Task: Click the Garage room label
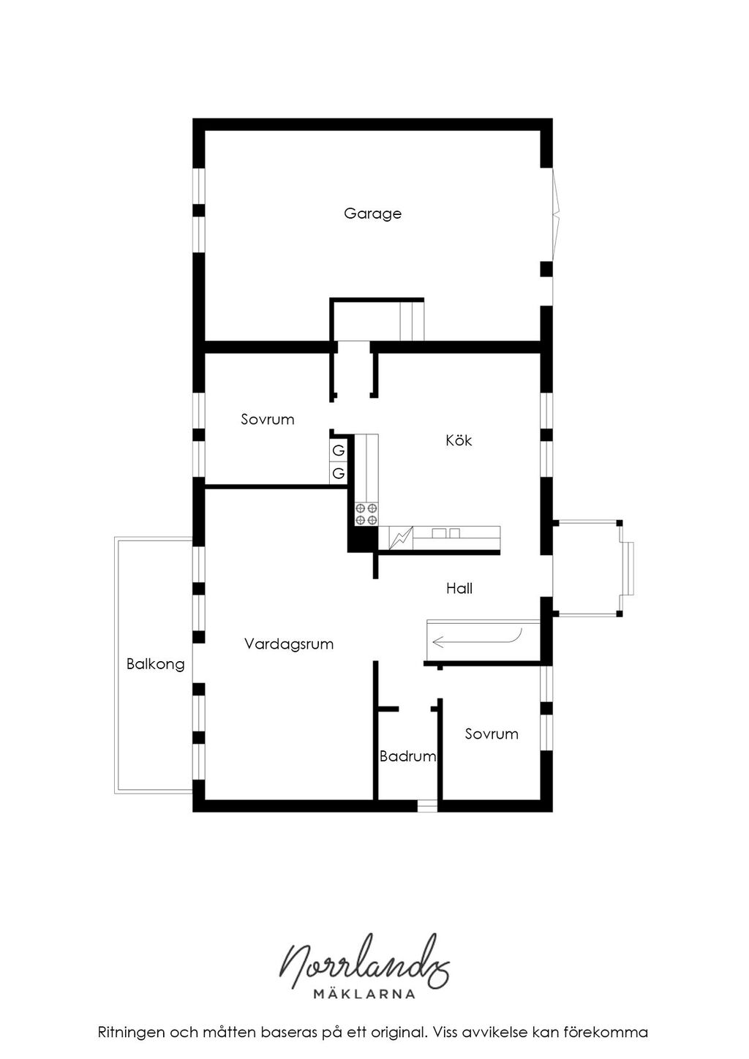(372, 214)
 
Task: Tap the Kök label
(459, 440)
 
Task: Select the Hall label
(459, 588)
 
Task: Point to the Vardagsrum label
(289, 644)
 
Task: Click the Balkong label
(156, 664)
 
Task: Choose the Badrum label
(407, 756)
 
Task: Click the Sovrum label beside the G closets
(268, 419)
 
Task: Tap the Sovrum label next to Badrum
(492, 734)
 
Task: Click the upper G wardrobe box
(339, 451)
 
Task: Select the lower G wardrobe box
(339, 472)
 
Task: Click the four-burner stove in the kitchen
(366, 514)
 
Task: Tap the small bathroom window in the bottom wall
(427, 805)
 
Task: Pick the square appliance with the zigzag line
(401, 538)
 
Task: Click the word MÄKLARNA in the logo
(364, 994)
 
